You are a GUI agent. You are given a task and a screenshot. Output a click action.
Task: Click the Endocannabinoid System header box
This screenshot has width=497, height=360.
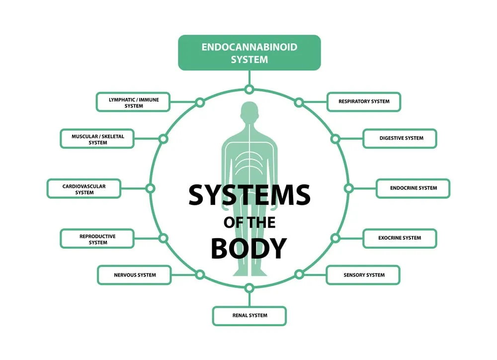click(x=249, y=53)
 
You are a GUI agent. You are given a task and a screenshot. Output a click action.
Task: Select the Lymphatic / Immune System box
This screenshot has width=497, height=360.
click(x=133, y=102)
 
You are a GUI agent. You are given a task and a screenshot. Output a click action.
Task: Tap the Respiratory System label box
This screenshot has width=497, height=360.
click(x=363, y=101)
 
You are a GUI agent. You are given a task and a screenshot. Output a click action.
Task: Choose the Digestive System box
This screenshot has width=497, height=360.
click(x=400, y=138)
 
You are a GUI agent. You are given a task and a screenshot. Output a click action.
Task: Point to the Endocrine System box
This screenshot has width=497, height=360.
click(x=413, y=188)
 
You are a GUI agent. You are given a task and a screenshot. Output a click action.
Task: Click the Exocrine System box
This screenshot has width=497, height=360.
click(x=400, y=238)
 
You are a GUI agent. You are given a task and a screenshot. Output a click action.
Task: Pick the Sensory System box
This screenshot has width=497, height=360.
click(x=363, y=275)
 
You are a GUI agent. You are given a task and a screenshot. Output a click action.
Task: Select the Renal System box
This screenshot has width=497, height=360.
click(x=249, y=316)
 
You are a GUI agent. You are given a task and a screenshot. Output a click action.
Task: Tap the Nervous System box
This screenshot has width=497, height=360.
click(x=134, y=275)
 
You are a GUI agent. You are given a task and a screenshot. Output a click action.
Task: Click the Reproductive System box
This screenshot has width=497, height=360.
click(x=97, y=239)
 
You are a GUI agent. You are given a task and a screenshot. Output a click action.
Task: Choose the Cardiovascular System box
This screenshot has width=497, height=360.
click(x=84, y=189)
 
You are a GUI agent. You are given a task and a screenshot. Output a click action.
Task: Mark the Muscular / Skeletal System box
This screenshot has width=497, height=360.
click(x=97, y=139)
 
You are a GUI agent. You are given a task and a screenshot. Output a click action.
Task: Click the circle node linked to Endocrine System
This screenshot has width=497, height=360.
click(x=348, y=188)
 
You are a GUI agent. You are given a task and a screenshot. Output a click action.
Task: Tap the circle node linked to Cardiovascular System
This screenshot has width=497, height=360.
click(x=150, y=188)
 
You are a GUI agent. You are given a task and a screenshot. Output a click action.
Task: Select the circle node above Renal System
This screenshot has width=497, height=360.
click(x=249, y=287)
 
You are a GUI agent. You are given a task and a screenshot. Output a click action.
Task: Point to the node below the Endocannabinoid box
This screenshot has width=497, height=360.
click(x=249, y=90)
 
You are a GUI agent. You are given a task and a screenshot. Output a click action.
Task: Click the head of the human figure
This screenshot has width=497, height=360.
click(x=249, y=113)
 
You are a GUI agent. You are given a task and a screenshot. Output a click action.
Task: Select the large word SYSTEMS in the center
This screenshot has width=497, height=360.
click(x=249, y=194)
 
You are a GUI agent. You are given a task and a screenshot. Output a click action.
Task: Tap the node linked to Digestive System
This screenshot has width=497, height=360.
click(x=335, y=139)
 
